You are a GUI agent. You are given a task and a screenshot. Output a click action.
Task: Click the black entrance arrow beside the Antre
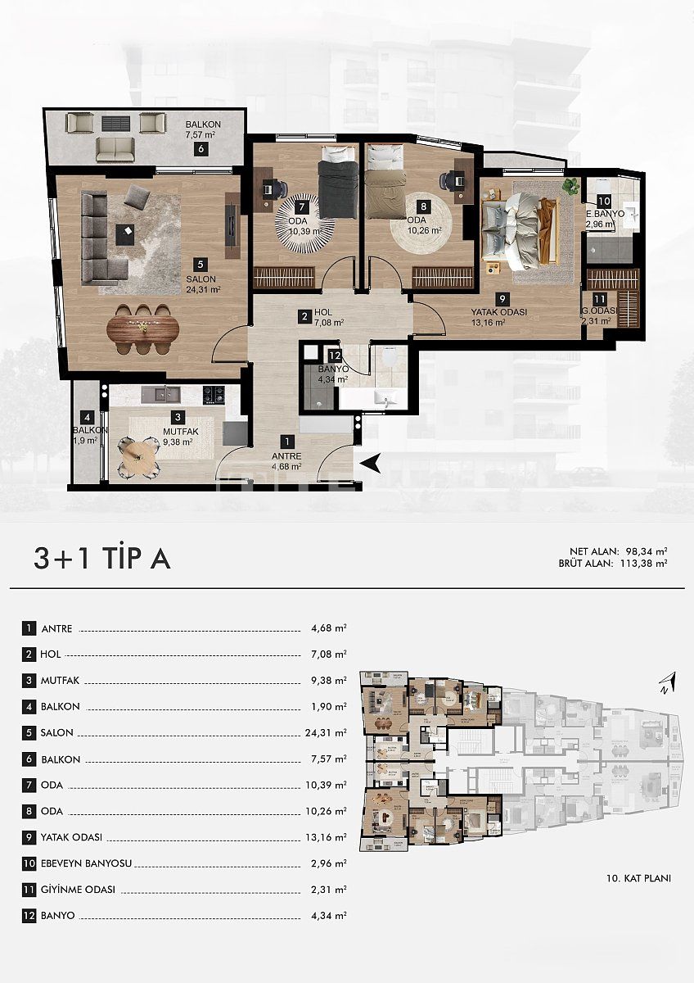tap(371, 464)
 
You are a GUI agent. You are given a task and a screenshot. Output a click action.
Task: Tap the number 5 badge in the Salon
tap(200, 264)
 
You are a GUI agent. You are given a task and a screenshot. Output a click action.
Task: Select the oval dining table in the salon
tap(143, 329)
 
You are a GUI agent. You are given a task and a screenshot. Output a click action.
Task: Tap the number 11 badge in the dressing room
tap(600, 299)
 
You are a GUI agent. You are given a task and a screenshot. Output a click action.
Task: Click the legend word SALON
tap(56, 733)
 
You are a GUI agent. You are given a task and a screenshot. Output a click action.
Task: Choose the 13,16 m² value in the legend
tap(329, 837)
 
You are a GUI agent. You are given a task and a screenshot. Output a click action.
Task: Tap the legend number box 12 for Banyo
tap(29, 916)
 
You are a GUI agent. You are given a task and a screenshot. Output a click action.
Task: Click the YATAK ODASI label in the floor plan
tap(498, 312)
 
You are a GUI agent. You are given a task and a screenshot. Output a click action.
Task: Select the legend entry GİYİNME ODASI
tap(78, 890)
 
